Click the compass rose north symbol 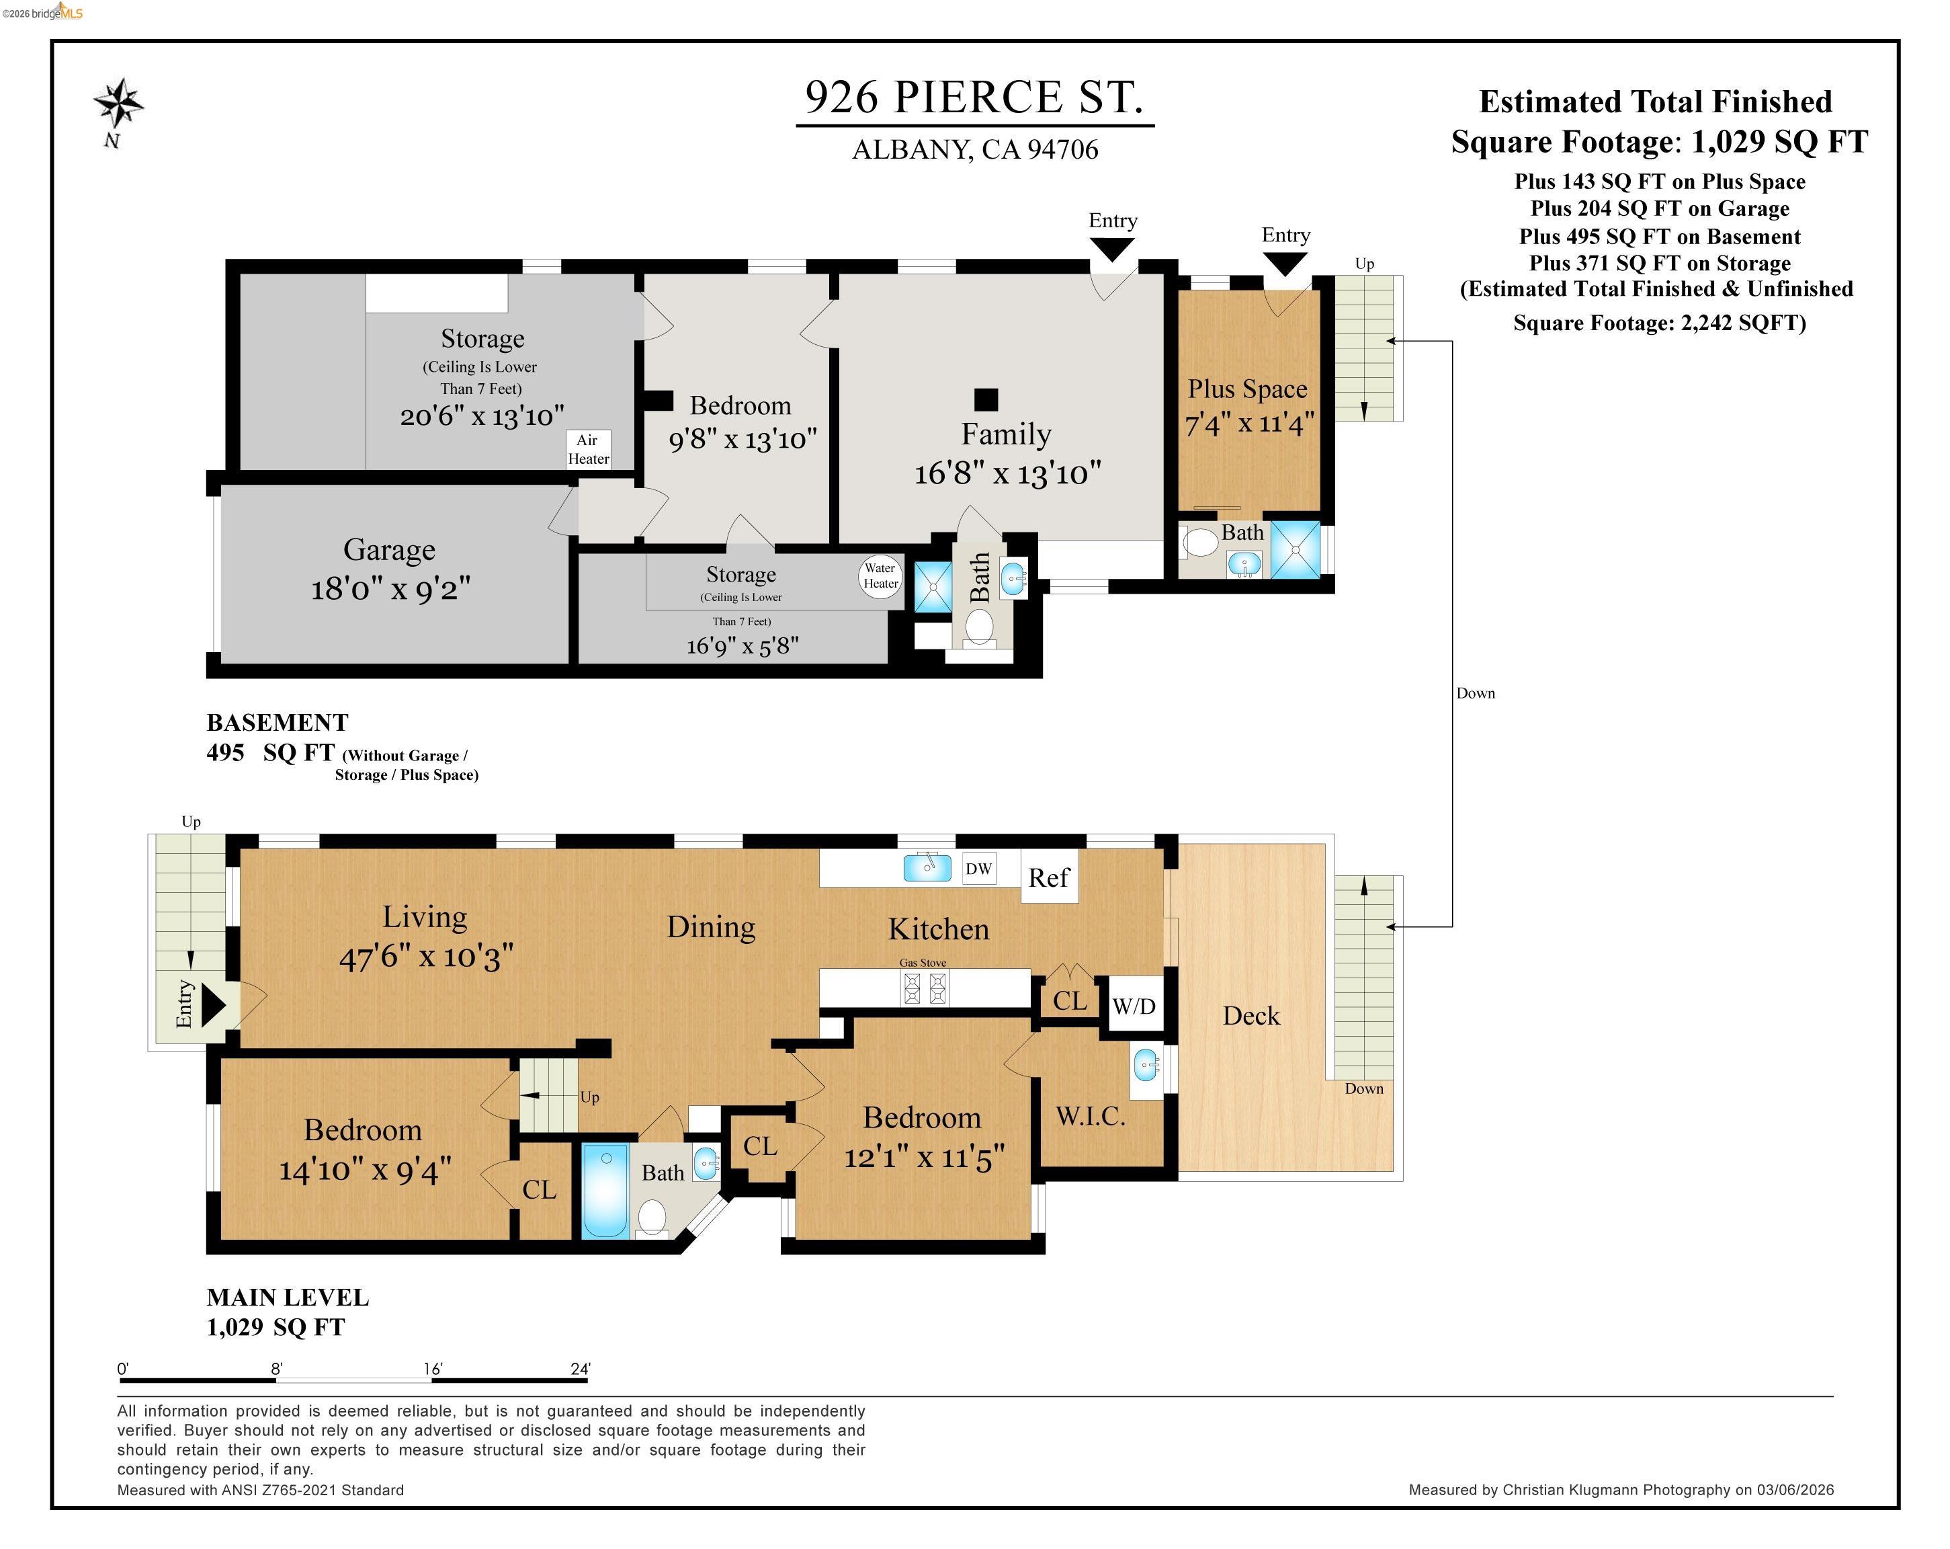[118, 104]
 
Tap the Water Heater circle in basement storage [880, 575]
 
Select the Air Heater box [588, 450]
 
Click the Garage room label [389, 550]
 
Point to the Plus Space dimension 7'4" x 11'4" [1249, 422]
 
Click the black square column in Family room [986, 399]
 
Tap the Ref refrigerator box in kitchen [1049, 877]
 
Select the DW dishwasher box [978, 869]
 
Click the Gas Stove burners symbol [925, 988]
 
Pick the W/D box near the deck [1134, 1005]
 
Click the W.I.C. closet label [1091, 1117]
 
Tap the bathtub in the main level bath [605, 1191]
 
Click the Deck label [1251, 1015]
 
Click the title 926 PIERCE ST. [974, 97]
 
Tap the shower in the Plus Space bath [1295, 549]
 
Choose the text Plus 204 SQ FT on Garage [1660, 209]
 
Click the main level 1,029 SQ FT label [276, 1327]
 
